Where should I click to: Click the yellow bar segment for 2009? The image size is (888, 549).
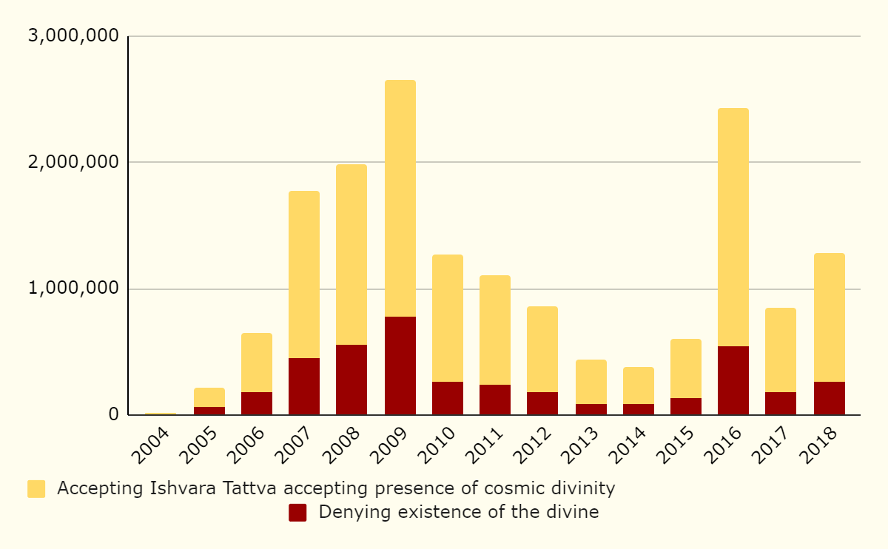pos(400,198)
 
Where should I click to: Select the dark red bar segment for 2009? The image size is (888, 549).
pos(400,366)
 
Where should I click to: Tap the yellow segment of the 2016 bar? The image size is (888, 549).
pos(733,227)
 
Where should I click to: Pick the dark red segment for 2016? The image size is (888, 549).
pos(733,380)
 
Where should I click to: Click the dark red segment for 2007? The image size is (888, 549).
pos(304,386)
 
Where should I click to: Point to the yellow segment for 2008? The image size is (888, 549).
pos(351,255)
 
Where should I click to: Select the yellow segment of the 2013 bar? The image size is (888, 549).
pos(591,382)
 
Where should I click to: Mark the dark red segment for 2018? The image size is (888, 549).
pos(830,398)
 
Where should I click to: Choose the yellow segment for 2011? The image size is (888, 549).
pos(495,330)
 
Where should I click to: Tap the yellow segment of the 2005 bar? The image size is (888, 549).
pos(209,397)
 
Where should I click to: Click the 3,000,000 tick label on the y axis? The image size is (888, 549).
pos(73,36)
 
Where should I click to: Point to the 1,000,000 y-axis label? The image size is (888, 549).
pos(73,289)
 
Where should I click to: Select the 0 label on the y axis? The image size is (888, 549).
pos(113,414)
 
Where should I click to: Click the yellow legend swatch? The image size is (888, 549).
pos(36,489)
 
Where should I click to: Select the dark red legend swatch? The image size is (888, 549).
pos(297,512)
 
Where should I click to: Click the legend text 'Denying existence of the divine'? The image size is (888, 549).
pos(459,512)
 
